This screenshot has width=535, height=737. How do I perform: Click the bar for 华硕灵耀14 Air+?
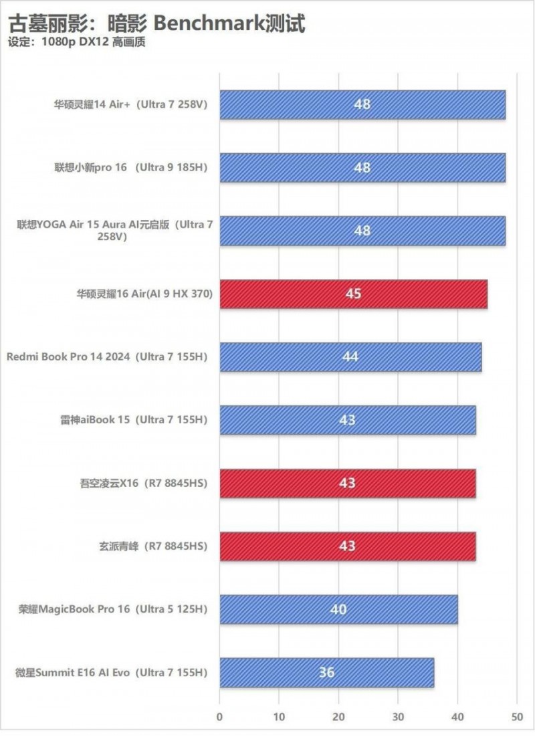click(362, 105)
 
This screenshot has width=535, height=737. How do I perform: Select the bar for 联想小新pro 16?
click(362, 168)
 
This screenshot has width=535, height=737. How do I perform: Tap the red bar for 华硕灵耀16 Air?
click(353, 294)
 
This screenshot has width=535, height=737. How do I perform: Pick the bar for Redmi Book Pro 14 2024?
click(350, 357)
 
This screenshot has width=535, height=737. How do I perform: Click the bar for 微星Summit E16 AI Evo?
click(326, 673)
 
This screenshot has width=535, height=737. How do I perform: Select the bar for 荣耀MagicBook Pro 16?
click(338, 609)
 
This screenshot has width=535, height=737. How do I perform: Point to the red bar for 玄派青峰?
click(347, 546)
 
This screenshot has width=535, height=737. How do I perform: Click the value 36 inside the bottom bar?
click(326, 673)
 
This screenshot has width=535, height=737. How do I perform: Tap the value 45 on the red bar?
click(353, 294)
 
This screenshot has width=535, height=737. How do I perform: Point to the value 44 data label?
click(350, 357)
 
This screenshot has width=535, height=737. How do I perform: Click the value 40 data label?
click(338, 609)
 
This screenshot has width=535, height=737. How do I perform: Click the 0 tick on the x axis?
click(219, 717)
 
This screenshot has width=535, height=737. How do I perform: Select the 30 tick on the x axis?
click(398, 717)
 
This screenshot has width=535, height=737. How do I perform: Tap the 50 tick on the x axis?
click(516, 717)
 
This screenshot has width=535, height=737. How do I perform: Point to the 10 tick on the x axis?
click(279, 717)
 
